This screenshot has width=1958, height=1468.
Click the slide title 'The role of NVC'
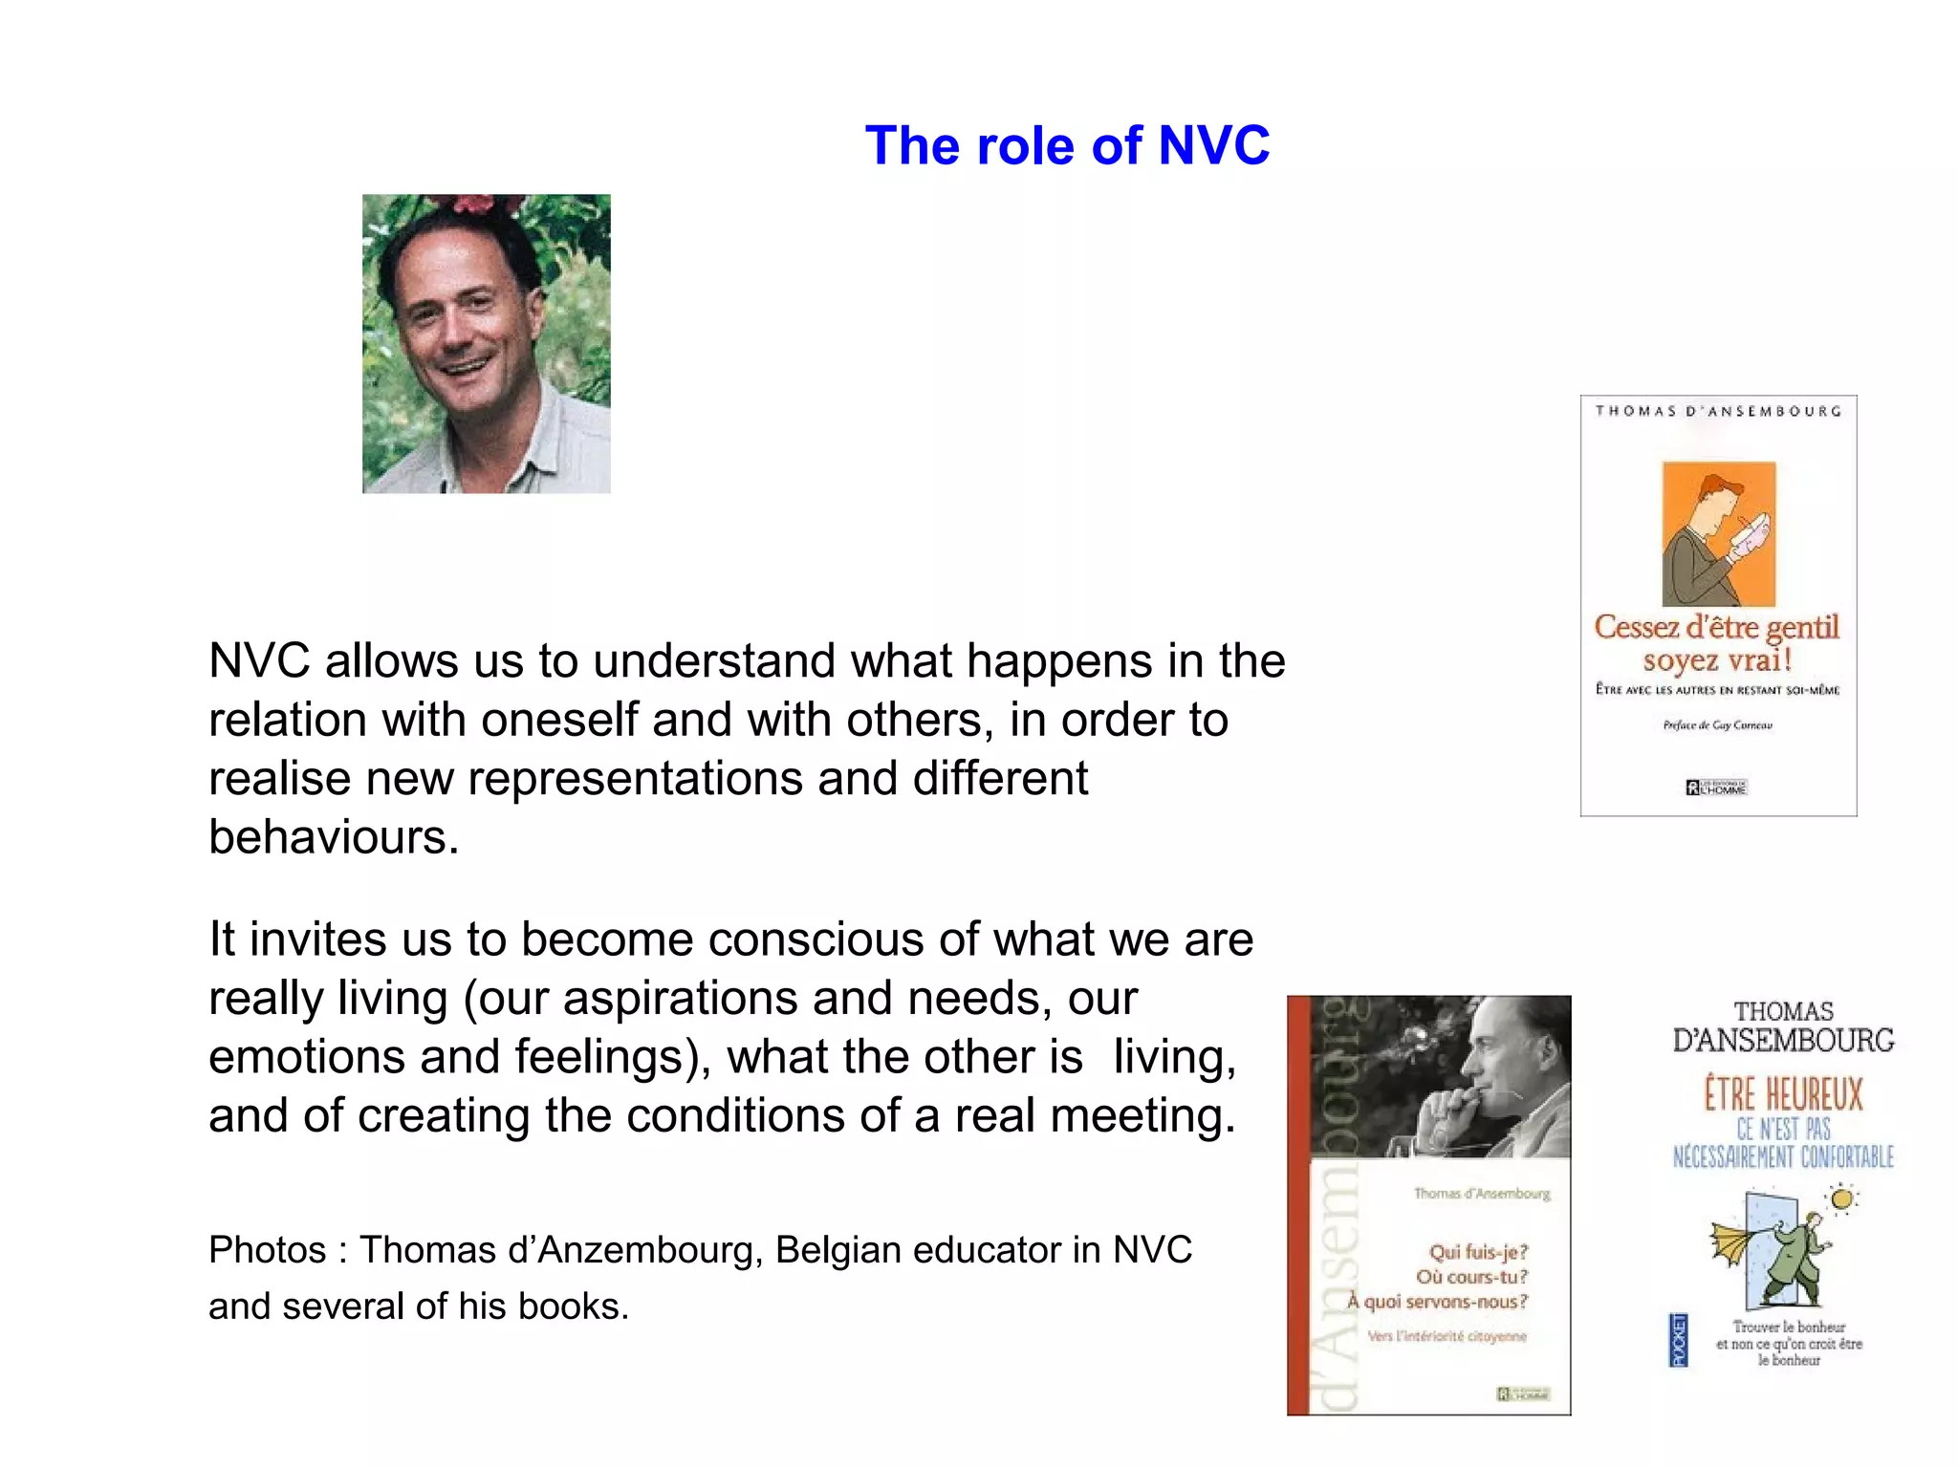tap(1067, 146)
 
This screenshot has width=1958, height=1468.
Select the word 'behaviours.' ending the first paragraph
tap(334, 837)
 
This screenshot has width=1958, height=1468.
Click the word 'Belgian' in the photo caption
tap(838, 1250)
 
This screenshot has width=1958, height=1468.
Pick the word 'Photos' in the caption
tap(267, 1250)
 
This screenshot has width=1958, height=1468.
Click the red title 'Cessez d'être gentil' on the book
tap(1716, 627)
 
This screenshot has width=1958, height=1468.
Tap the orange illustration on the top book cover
tap(1718, 533)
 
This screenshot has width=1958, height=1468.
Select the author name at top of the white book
tap(1718, 411)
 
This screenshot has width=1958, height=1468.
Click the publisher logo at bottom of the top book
tap(1716, 788)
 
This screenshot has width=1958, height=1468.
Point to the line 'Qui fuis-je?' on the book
tap(1478, 1252)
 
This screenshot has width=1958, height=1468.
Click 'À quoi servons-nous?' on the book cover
tap(1438, 1302)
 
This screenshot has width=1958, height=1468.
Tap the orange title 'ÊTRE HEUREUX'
tap(1783, 1095)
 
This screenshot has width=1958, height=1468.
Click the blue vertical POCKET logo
tap(1679, 1340)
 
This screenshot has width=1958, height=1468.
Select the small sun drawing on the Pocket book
tap(1842, 1198)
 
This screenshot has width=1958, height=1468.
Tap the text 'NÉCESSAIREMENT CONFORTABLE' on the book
tap(1783, 1157)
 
